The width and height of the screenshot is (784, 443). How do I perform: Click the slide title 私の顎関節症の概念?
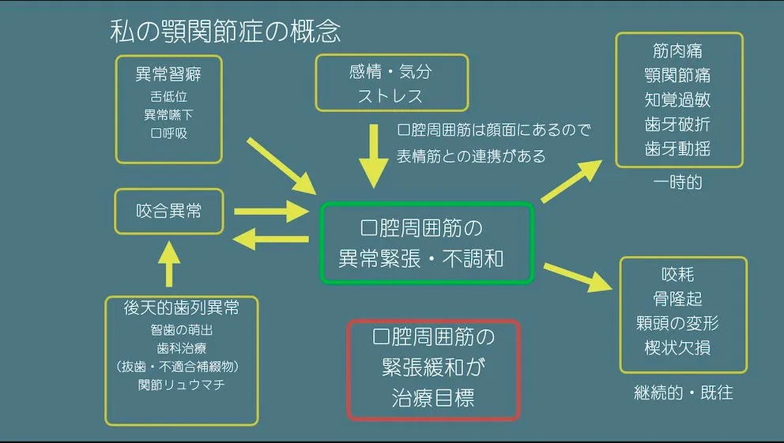225,32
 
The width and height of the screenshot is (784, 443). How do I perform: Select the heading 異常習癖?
168,74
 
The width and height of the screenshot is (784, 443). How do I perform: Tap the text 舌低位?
168,96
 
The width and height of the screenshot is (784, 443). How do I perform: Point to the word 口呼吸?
168,133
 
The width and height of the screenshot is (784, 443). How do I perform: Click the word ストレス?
390,96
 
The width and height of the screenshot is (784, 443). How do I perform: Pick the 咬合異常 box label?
168,211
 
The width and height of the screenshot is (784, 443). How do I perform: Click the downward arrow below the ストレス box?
374,156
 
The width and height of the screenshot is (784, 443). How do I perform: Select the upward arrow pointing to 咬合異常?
169,265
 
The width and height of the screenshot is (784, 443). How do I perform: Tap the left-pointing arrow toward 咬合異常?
270,238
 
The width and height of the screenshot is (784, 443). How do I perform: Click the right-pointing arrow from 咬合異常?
272,212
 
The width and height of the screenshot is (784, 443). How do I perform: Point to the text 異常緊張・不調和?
421,259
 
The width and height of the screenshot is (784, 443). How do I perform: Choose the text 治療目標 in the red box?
433,398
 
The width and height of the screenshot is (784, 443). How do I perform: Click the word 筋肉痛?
677,51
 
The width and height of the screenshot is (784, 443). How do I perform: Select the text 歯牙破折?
677,124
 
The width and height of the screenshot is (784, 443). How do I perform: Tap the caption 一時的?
677,182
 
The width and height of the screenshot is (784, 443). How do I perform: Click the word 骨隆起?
677,298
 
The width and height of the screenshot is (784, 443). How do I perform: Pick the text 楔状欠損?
677,347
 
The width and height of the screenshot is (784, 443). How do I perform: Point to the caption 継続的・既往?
683,392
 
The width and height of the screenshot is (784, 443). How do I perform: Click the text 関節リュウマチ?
182,385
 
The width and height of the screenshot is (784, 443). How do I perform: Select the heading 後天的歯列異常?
182,308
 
